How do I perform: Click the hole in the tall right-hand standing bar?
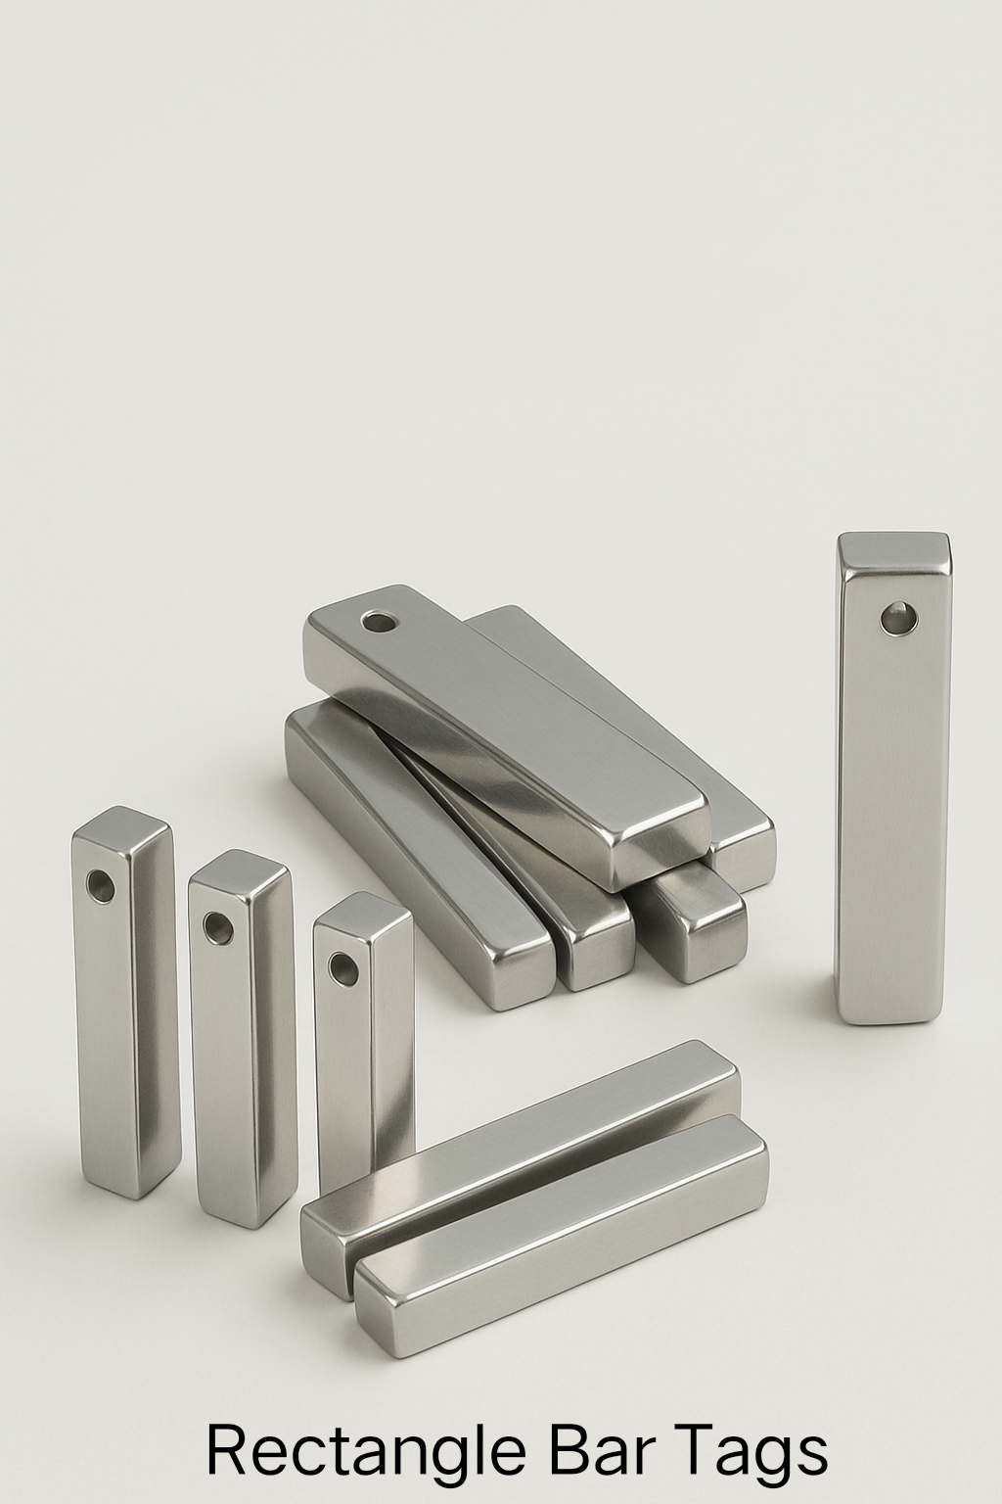click(896, 618)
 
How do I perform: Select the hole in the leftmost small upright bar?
click(100, 887)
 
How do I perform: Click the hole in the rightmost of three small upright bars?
click(342, 968)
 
